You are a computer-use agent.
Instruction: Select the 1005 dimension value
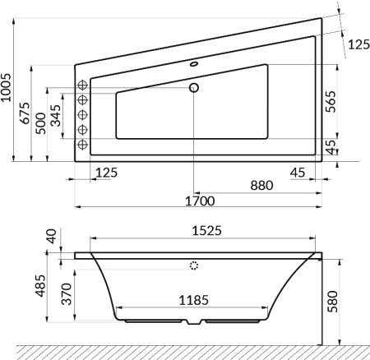point(7,86)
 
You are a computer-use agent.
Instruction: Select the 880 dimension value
point(261,185)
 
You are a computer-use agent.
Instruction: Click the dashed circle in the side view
point(194,265)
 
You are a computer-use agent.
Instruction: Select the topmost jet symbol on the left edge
point(82,85)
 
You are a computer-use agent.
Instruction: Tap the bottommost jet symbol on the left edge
point(82,145)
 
